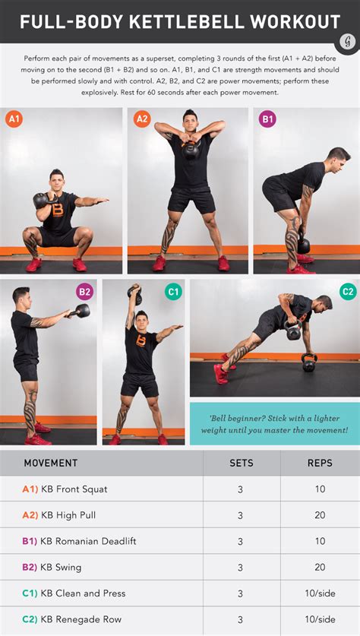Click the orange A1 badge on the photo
coord(14,119)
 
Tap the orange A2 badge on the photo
coord(142,119)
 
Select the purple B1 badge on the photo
coord(267,119)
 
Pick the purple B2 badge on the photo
coord(84,292)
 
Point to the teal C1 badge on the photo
coord(173,292)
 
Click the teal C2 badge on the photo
coord(348,292)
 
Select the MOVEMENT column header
coord(51,463)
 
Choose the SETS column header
coord(242,463)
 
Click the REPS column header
coord(320,463)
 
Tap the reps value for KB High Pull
coord(320,515)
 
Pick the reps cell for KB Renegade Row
coord(320,619)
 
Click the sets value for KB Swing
coord(241,568)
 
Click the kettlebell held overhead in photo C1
coord(135,295)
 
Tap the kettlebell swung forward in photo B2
coord(82,311)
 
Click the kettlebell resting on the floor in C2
coord(309,362)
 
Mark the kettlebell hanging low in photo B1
coord(303,245)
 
